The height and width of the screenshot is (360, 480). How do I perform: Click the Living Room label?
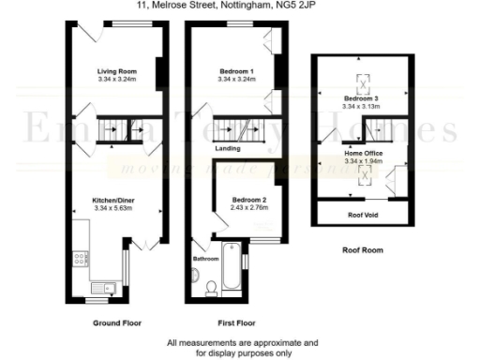click(117, 71)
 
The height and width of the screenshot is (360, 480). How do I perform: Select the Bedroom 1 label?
click(236, 71)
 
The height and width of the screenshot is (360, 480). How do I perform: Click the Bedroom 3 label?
click(361, 98)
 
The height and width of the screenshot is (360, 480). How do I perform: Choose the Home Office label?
click(361, 154)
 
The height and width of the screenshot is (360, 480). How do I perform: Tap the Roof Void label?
click(361, 215)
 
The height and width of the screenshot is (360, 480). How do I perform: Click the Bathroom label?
click(205, 258)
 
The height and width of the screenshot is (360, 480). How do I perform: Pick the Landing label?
click(228, 148)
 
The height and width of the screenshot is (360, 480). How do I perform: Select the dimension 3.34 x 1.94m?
click(361, 161)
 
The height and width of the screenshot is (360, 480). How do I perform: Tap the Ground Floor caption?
click(117, 322)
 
